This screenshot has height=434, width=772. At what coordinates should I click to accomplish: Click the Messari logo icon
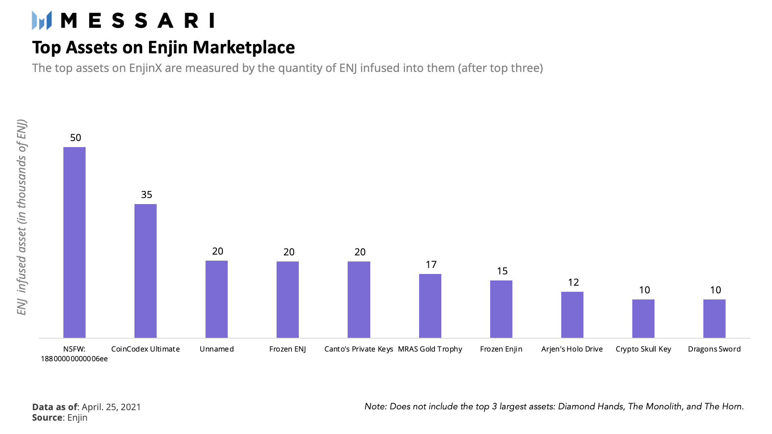click(x=42, y=20)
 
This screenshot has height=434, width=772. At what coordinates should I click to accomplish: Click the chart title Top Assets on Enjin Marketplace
click(x=164, y=47)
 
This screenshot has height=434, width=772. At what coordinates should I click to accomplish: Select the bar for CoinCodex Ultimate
click(x=145, y=271)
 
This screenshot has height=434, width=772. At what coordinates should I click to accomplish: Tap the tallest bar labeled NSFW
click(x=74, y=242)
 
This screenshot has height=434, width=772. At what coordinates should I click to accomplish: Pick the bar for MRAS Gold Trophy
click(x=430, y=306)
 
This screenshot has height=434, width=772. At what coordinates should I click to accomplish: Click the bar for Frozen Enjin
click(x=501, y=309)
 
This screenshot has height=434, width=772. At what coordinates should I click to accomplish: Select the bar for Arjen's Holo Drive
click(x=572, y=315)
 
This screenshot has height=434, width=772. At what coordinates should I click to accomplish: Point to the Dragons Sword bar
click(x=714, y=318)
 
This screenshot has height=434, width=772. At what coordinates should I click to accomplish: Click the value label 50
click(x=76, y=138)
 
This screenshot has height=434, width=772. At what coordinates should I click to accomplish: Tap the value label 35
click(x=147, y=195)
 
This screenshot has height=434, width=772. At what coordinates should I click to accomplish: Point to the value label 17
click(x=431, y=265)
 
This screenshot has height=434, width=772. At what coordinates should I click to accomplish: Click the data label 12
click(x=573, y=282)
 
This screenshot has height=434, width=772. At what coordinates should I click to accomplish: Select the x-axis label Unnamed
click(x=216, y=349)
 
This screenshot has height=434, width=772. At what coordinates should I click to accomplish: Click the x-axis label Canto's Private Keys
click(x=359, y=349)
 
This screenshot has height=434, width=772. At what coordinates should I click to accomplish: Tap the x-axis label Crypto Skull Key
click(x=643, y=349)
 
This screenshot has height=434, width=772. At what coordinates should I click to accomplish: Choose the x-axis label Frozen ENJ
click(x=287, y=349)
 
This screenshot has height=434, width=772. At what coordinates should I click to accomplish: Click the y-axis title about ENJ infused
click(x=21, y=217)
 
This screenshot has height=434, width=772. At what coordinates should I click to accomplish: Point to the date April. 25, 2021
click(x=111, y=407)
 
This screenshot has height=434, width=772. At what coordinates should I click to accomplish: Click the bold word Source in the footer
click(x=47, y=417)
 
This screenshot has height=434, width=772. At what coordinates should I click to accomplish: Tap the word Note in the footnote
click(x=375, y=407)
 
